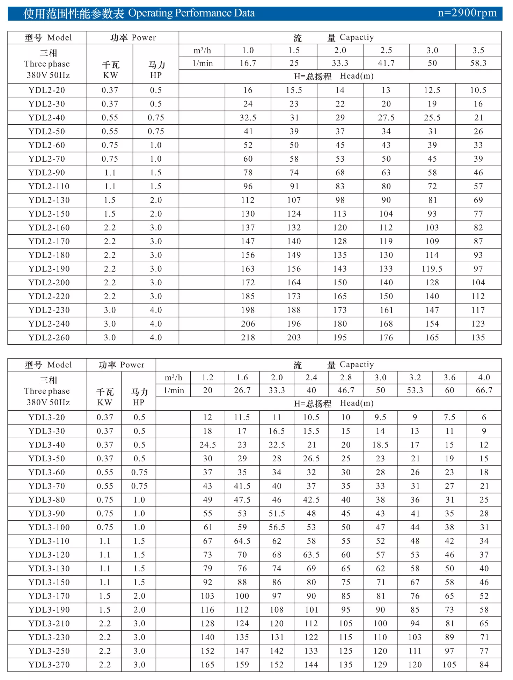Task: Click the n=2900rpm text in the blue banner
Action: tap(467, 13)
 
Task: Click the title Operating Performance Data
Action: tap(191, 13)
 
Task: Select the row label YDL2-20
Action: tap(47, 90)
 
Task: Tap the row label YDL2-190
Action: tap(49, 269)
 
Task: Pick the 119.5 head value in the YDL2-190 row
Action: tap(432, 269)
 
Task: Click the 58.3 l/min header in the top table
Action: tap(478, 63)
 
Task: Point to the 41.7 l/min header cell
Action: tap(386, 63)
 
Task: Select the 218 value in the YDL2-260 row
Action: tap(248, 338)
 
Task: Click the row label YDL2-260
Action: tap(49, 338)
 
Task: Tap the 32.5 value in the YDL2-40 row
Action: tap(248, 118)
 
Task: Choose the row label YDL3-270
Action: tap(49, 665)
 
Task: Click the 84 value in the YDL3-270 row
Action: tap(484, 665)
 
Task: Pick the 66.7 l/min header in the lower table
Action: tap(484, 390)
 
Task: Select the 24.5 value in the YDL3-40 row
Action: tap(208, 445)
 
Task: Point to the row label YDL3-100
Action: tap(49, 527)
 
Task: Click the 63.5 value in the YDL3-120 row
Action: tap(311, 555)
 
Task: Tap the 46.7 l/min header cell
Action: tap(346, 390)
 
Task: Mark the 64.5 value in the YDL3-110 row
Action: tap(242, 541)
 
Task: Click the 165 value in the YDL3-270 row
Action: tap(208, 665)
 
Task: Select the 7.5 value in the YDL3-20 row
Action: tap(449, 417)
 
